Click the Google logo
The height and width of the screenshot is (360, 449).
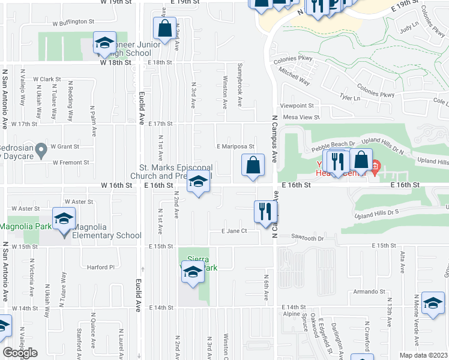click(x=20, y=353)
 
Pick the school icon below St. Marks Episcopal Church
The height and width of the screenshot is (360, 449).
click(x=197, y=182)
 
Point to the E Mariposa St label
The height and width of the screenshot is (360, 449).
click(x=235, y=146)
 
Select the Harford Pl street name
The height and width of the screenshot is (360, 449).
click(x=100, y=267)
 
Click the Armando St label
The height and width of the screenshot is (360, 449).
click(x=368, y=292)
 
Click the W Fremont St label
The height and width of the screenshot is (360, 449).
click(x=70, y=162)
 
